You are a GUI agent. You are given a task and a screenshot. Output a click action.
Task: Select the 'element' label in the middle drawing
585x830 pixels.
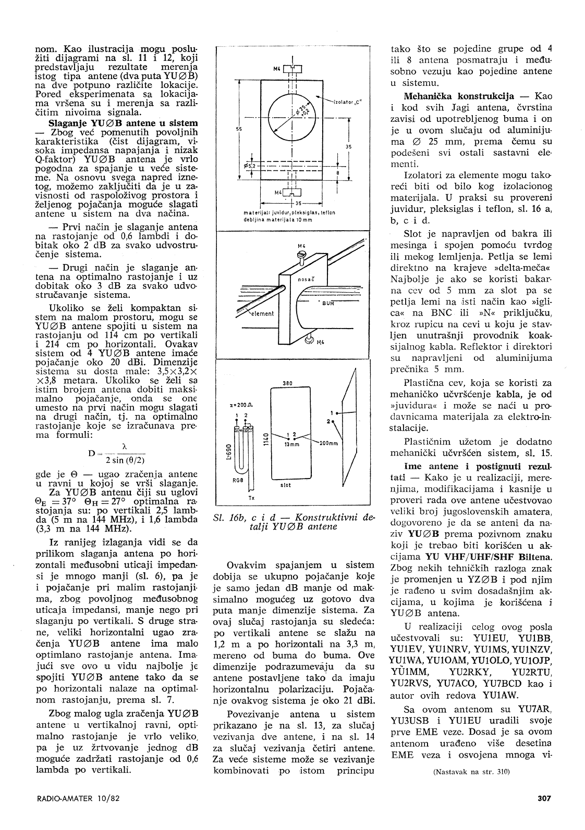point(263,314)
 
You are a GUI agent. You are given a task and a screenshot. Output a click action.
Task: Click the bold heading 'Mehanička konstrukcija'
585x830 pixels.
point(459,96)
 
